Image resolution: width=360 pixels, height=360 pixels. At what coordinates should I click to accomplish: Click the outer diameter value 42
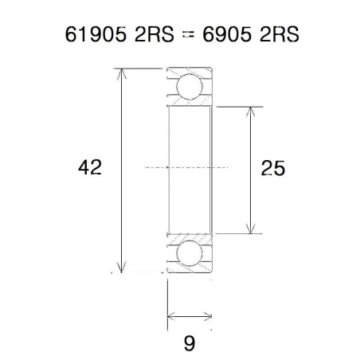[x=90, y=168]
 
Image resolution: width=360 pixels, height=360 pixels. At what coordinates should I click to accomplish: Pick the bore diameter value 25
[x=272, y=168]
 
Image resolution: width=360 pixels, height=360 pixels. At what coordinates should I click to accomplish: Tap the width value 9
[x=189, y=343]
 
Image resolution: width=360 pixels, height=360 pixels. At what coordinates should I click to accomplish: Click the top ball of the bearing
[x=190, y=85]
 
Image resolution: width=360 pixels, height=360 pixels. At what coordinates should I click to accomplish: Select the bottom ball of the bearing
[x=190, y=253]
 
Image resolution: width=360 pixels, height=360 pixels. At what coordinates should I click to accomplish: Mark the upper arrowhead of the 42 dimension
[x=121, y=74]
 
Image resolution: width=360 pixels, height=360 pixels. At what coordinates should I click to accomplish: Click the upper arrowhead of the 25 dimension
[x=252, y=111]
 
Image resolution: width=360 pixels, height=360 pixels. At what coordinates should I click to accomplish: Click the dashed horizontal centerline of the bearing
[x=190, y=168]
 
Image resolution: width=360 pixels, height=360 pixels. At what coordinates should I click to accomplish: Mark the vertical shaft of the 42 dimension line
[x=121, y=127]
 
